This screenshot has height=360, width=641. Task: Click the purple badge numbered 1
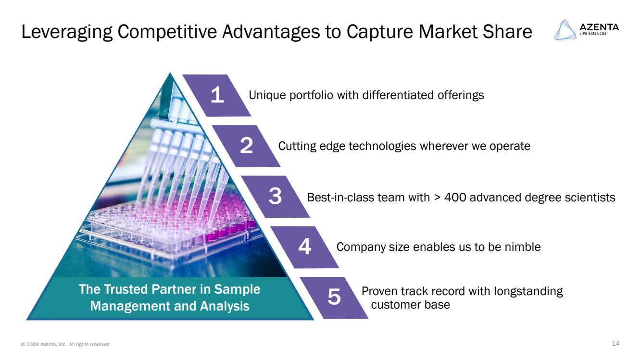(217, 96)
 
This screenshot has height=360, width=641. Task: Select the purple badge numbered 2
(246, 146)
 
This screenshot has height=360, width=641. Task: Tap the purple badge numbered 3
(275, 197)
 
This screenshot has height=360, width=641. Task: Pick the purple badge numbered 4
(305, 247)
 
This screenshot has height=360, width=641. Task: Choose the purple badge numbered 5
(334, 298)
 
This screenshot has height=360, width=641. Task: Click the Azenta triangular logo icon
(565, 30)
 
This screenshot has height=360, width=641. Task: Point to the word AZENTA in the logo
(599, 27)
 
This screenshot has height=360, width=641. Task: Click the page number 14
(616, 343)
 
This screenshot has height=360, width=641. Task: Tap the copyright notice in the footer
(65, 344)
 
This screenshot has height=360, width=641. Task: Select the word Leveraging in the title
(67, 32)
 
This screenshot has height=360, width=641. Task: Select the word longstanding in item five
(528, 291)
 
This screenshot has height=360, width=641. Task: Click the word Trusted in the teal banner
(126, 289)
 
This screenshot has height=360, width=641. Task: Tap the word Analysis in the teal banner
(225, 306)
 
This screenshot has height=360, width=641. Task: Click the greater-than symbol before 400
(437, 198)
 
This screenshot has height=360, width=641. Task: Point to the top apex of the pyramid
(170, 73)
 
